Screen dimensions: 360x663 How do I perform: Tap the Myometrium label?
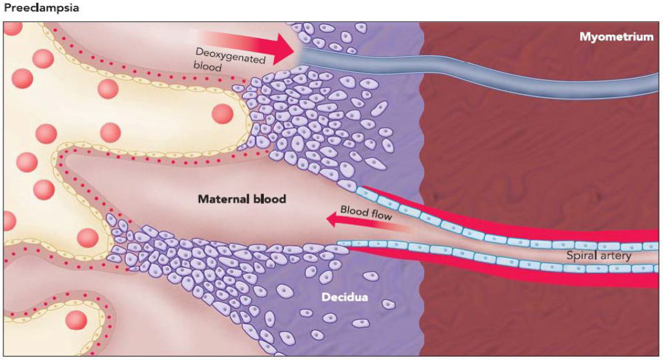point(616,37)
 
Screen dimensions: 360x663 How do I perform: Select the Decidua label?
point(344,297)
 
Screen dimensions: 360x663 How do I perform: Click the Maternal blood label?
point(242,199)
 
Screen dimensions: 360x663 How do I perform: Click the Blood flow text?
point(365,212)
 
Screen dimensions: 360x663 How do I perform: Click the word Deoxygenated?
point(229,55)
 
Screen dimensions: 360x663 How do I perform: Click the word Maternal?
point(222,199)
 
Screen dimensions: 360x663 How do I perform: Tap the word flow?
point(380,215)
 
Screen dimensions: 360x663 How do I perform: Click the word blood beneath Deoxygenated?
point(207,66)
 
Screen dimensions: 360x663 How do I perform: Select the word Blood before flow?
point(352,210)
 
